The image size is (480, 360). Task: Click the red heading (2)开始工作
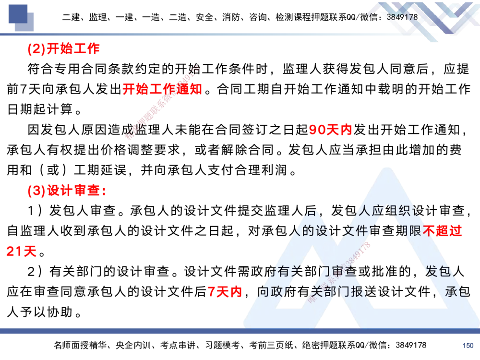pos(63,49)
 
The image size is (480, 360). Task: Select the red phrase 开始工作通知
pos(162,89)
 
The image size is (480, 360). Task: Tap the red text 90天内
pos(331,130)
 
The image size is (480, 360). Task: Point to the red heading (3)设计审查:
pos(67,191)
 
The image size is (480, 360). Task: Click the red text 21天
pos(21,251)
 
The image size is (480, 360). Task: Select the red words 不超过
pos(443,231)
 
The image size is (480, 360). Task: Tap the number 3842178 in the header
pos(402,17)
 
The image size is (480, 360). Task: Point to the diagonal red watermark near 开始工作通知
pos(162,102)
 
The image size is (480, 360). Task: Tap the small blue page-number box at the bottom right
pos(468,345)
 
